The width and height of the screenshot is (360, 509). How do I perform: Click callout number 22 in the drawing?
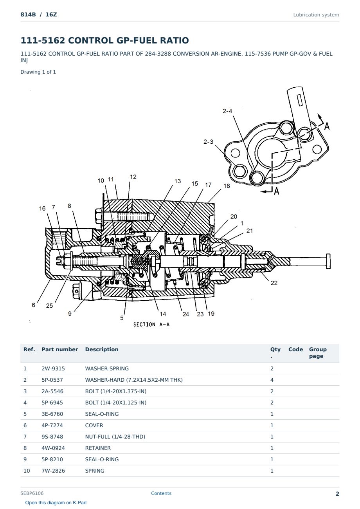[274, 283]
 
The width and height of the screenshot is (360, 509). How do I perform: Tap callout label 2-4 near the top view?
[227, 111]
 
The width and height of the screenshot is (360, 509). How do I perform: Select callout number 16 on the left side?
[42, 208]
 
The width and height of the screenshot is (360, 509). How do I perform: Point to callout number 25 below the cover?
[49, 306]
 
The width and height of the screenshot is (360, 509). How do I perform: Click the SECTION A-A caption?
[151, 325]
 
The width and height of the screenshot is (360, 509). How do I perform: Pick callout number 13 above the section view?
[177, 181]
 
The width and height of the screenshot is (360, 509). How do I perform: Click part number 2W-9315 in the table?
[53, 368]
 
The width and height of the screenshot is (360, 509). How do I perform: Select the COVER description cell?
[94, 425]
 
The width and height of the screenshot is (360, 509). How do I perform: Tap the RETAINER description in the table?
[98, 448]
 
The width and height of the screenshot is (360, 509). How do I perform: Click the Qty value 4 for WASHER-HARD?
[272, 380]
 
